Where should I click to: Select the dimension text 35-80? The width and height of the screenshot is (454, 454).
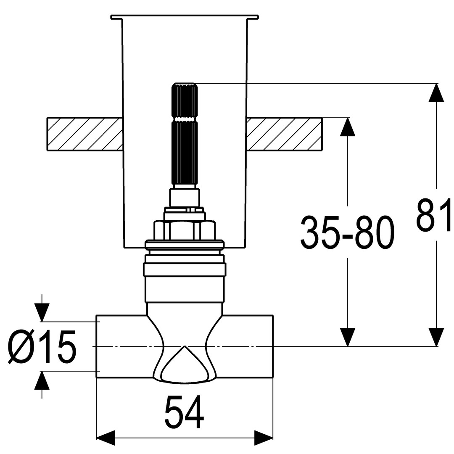pos(347,233)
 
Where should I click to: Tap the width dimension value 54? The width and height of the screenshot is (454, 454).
pos(184,412)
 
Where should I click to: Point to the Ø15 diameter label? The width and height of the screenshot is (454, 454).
pos(42,346)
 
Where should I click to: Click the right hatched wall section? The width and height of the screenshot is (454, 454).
pos(284,134)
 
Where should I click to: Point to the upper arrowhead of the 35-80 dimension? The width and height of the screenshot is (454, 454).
pos(348,127)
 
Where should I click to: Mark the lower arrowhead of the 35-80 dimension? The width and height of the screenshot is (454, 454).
pos(348,337)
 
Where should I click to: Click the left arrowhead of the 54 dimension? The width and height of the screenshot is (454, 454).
pos(106,438)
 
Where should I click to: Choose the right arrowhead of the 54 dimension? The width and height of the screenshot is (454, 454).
pos(264,438)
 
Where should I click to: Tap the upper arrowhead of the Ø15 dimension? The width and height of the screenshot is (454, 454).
pos(41,312)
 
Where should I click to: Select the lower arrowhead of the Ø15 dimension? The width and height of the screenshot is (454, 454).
pos(41,380)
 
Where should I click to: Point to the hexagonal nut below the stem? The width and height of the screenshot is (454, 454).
pos(185,230)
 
